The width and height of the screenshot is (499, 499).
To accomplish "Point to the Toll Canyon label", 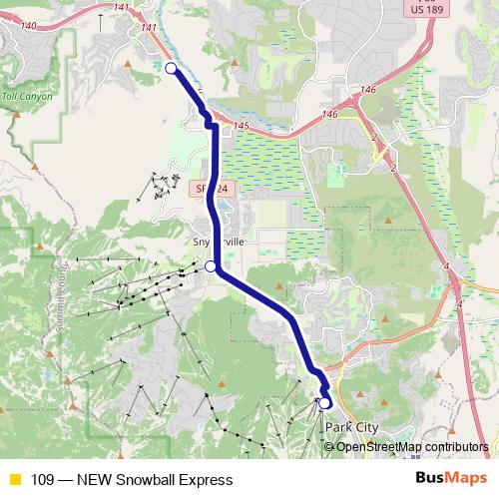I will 25,97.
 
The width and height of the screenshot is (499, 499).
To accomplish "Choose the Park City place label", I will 352,427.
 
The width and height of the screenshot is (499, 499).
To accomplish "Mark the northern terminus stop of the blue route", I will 171,68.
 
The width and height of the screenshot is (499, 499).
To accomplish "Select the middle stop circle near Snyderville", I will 211,266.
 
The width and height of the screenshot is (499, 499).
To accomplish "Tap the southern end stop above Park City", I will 325,402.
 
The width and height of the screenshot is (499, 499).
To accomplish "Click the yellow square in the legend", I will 14,480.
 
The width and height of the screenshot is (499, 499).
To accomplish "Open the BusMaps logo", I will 449,479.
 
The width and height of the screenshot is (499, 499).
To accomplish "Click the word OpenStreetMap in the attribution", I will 385,446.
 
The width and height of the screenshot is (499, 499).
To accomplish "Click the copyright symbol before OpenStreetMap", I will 329,446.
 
